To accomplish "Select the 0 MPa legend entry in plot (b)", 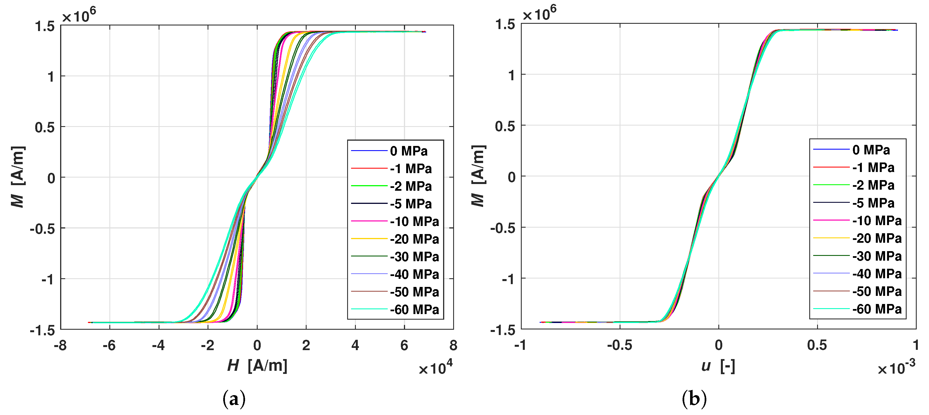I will pos(871,150).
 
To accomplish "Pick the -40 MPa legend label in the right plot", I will pos(877,274).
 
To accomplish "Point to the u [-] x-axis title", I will pos(718,366).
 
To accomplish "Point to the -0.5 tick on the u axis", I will pos(619,346).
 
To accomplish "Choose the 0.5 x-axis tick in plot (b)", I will pos(817,346).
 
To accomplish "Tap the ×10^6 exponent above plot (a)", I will pos(79,15).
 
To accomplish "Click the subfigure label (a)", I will pos(234,399).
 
